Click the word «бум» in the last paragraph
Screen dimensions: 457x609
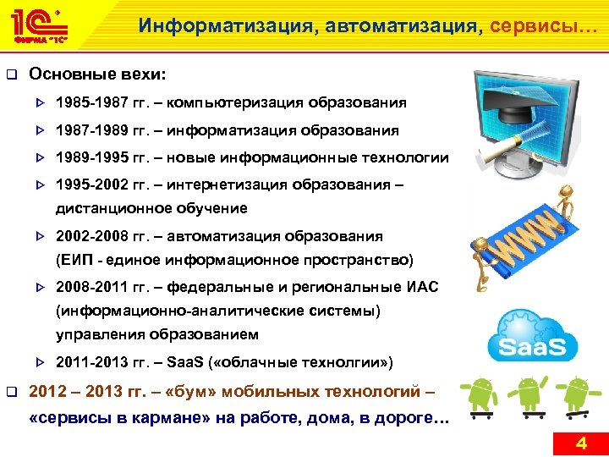pyautogui.click(x=177, y=392)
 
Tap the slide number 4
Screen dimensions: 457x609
pyautogui.click(x=580, y=443)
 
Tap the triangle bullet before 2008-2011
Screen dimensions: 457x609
pyautogui.click(x=38, y=288)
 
